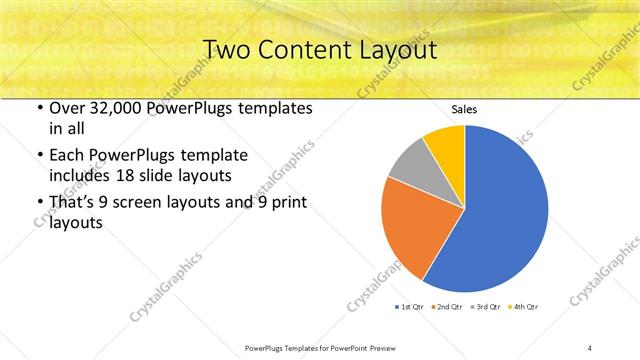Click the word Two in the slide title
226,49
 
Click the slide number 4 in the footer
590,347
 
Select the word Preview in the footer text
382,347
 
